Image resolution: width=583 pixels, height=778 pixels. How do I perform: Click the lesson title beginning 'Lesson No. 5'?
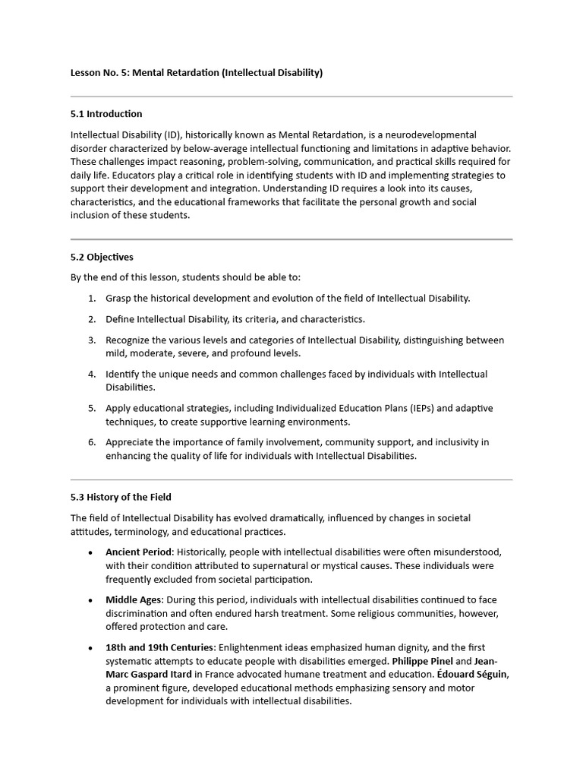pyautogui.click(x=197, y=73)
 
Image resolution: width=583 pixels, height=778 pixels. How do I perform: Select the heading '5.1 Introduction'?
pyautogui.click(x=106, y=114)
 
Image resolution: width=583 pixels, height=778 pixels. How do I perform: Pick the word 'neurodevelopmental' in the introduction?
pyautogui.click(x=433, y=134)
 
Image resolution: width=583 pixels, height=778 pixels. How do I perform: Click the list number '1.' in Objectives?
pyautogui.click(x=92, y=299)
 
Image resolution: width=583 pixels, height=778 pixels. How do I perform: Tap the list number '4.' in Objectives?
pyautogui.click(x=92, y=374)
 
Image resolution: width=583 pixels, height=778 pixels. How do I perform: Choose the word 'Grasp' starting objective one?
pyautogui.click(x=118, y=299)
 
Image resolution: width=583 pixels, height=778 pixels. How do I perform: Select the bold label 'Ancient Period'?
pyautogui.click(x=139, y=552)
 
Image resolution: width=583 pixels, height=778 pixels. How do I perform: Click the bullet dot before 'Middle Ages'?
pyautogui.click(x=91, y=600)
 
